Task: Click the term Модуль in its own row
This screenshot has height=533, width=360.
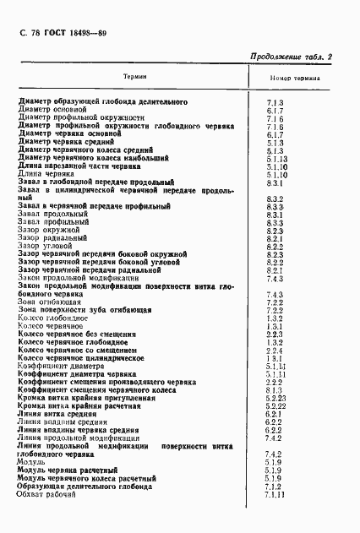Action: tap(31, 463)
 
